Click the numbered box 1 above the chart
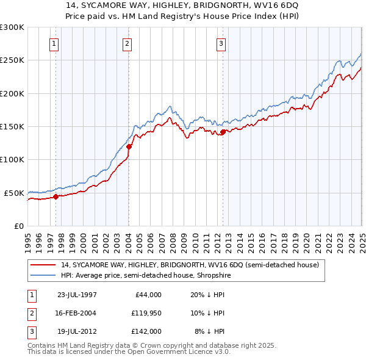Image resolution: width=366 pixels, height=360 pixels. pos(54,43)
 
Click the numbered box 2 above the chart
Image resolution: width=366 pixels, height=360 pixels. pos(127,43)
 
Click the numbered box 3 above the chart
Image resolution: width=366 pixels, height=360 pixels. pos(220,43)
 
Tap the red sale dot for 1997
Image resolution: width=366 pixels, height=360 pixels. pos(56,196)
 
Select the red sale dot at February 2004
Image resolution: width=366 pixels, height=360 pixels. pos(129,146)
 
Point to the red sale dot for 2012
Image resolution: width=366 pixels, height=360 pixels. pos(223,131)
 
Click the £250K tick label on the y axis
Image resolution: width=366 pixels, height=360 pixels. pos(12,60)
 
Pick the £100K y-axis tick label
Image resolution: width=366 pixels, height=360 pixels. pos(12,160)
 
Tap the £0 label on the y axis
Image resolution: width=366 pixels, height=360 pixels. pos(19,226)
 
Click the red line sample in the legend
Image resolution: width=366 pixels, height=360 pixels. pos(44,265)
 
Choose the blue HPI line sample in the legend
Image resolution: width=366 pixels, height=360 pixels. pos(44,275)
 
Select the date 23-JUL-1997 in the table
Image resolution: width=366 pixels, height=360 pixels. pos(77,295)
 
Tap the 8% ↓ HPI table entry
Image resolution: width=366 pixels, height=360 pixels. pos(209,331)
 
